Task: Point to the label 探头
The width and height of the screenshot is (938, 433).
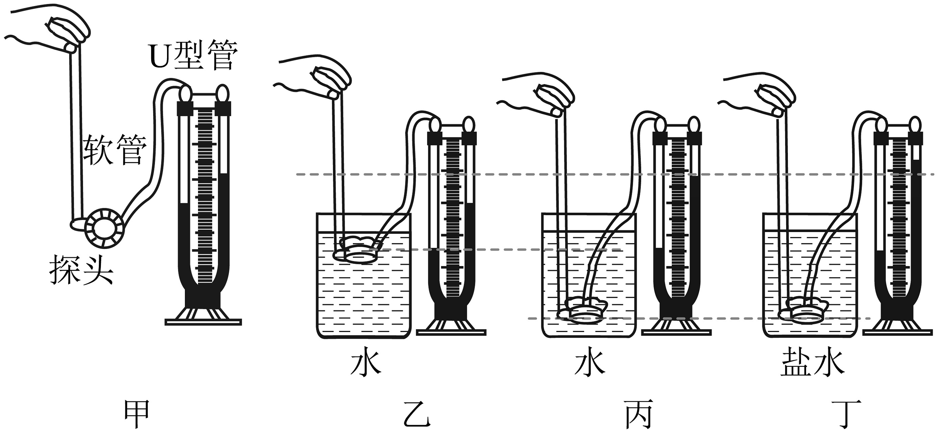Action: [81, 269]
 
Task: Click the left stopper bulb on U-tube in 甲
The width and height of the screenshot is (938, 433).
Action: [185, 94]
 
